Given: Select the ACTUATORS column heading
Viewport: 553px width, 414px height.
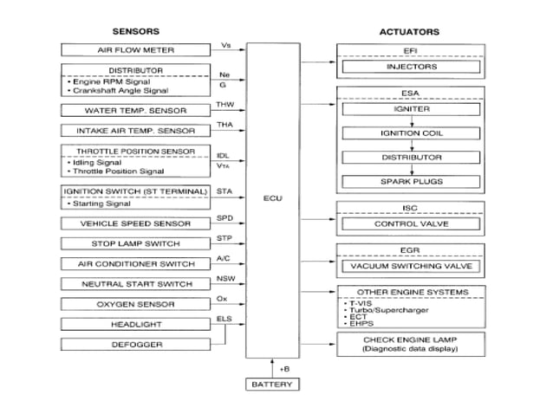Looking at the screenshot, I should (x=409, y=31).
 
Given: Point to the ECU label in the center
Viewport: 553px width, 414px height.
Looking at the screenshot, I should (x=272, y=198).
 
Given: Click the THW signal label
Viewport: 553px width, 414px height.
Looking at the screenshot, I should (x=225, y=105).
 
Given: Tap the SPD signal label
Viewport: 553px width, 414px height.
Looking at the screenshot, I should (x=224, y=217).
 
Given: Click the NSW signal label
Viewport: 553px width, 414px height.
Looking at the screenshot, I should (x=224, y=278).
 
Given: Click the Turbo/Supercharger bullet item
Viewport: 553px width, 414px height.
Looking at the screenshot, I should (x=381, y=309).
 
